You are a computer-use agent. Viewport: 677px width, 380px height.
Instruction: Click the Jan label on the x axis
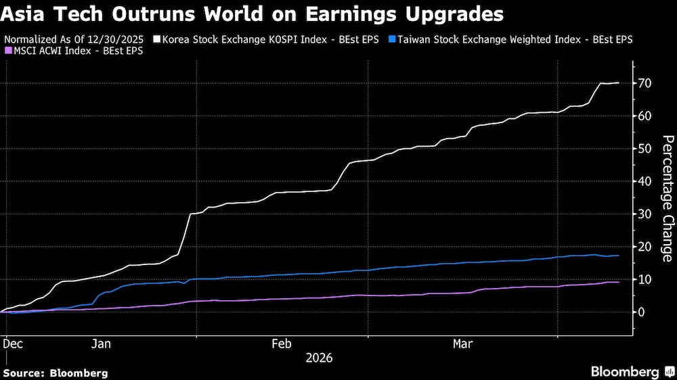click(100, 344)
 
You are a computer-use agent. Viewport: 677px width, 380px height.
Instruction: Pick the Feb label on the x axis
click(282, 344)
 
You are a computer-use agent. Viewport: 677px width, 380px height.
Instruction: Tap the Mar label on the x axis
click(463, 344)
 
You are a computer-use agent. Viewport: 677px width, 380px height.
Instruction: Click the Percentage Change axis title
click(667, 199)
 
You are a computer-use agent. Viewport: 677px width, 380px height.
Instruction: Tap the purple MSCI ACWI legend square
click(7, 50)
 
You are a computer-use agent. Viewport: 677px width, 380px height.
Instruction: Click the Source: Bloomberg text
click(56, 373)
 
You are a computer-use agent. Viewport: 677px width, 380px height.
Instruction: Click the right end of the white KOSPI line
click(618, 82)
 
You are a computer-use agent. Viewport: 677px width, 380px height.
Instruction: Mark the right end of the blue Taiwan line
click(618, 256)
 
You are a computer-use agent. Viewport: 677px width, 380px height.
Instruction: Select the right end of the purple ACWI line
click(618, 282)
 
